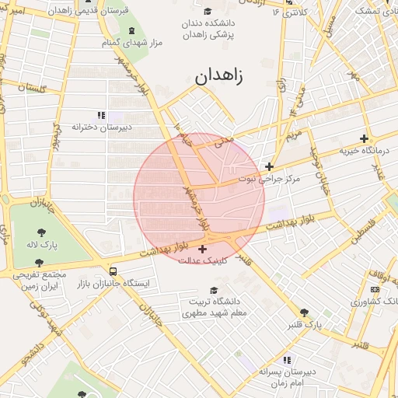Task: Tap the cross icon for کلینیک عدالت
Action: pyautogui.click(x=203, y=250)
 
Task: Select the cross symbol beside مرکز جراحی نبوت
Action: pyautogui.click(x=269, y=166)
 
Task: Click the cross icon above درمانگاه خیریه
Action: pyautogui.click(x=362, y=138)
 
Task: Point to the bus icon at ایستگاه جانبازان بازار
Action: pyautogui.click(x=113, y=272)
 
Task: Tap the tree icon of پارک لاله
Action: pyautogui.click(x=39, y=231)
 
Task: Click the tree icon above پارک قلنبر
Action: pyautogui.click(x=304, y=312)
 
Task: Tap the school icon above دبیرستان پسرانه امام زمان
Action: pyautogui.click(x=287, y=360)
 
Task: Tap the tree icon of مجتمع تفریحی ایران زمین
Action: pyautogui.click(x=39, y=263)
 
